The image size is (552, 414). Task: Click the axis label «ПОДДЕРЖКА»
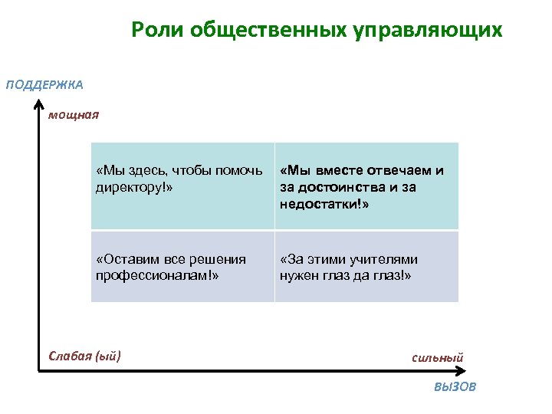[x=44, y=84]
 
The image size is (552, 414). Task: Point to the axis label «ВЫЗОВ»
[x=455, y=387]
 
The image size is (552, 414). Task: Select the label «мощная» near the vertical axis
[x=74, y=116]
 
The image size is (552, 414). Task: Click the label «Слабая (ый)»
[x=84, y=355]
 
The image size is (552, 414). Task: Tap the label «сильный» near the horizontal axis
[x=437, y=357]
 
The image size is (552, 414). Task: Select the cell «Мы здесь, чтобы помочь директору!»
[x=182, y=186]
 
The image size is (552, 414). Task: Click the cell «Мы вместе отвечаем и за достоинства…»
[x=366, y=186]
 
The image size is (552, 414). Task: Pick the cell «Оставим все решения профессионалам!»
[x=182, y=267]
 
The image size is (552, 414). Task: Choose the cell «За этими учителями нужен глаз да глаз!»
[x=366, y=267]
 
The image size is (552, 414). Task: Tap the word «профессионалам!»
[x=156, y=275]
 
